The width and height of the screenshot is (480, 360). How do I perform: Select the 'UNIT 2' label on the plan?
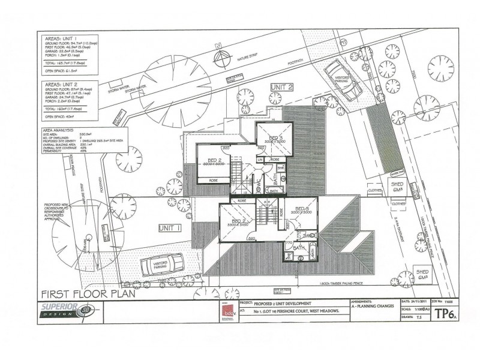(x=281, y=88)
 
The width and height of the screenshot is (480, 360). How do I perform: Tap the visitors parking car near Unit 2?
(x=343, y=80)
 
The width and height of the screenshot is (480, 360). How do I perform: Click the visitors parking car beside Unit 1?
(x=162, y=265)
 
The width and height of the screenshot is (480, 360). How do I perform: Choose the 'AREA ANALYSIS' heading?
(x=59, y=130)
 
